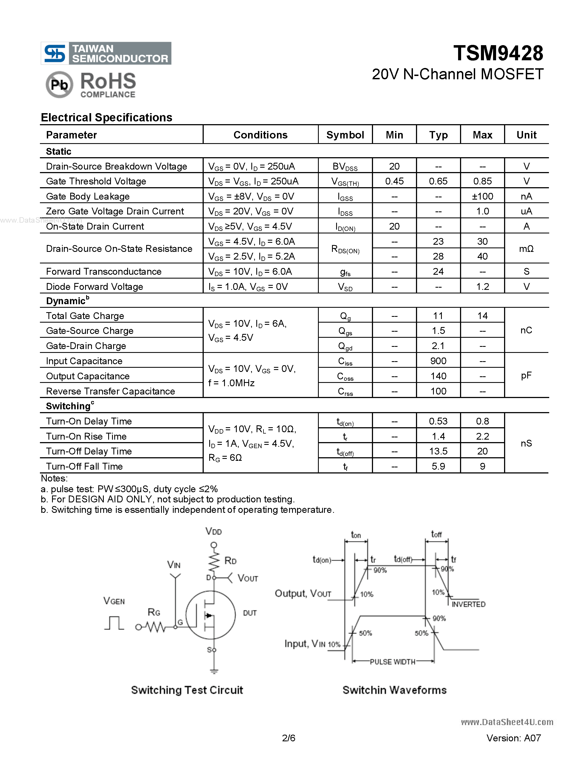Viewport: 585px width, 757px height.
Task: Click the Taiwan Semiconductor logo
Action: (x=106, y=53)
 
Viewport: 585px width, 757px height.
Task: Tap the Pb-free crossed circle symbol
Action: (x=59, y=85)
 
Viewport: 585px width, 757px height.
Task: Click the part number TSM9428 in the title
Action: (x=498, y=53)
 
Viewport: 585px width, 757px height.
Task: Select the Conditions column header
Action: (x=260, y=135)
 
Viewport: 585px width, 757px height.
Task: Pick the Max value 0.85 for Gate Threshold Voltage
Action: (x=482, y=181)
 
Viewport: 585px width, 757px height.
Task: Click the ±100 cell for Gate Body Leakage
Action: (x=482, y=197)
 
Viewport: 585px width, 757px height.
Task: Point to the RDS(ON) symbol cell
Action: (x=345, y=249)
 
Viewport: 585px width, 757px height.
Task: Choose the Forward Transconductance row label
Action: (x=104, y=271)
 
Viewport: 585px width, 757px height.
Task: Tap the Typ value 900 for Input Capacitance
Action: (x=438, y=361)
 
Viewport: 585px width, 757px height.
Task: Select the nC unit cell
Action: (x=526, y=330)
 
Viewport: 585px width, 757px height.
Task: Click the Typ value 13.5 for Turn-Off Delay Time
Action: (x=438, y=451)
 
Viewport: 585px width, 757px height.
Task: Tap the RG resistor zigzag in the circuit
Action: (x=156, y=627)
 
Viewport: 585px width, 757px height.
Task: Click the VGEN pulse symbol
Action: (x=114, y=623)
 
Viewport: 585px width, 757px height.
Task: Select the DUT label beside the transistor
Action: (x=249, y=613)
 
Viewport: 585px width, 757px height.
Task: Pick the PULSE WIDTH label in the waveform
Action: (x=392, y=662)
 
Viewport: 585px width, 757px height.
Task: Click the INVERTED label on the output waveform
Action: (x=468, y=604)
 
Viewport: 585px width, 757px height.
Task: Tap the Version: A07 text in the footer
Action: (x=513, y=738)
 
